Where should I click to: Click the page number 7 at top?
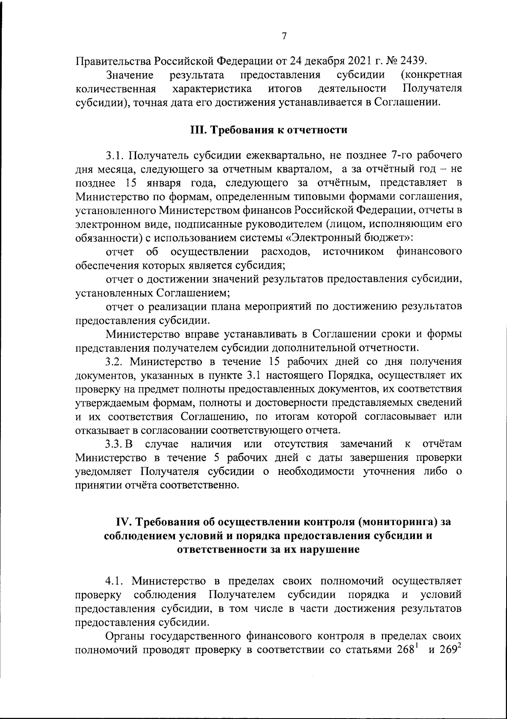point(284,36)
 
